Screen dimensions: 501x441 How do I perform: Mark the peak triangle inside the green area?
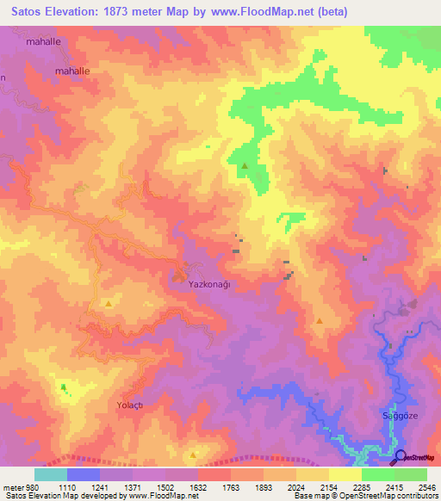[245, 165]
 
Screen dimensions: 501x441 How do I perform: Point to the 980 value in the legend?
[32, 486]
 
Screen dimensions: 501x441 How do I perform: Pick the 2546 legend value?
[427, 486]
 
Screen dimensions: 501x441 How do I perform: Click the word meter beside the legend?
[12, 486]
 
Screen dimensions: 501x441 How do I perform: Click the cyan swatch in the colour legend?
[51, 474]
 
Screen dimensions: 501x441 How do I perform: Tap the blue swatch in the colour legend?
[84, 474]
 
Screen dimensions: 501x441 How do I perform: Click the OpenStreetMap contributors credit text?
[401, 496]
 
